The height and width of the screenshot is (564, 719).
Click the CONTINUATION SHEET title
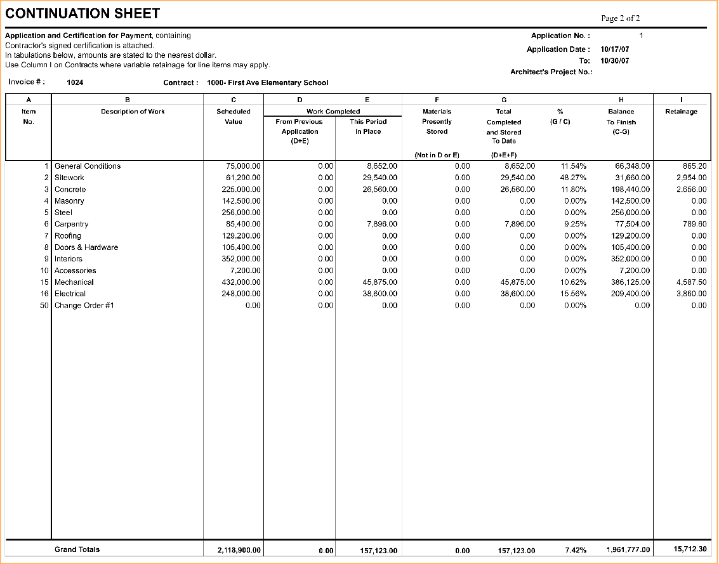coord(82,13)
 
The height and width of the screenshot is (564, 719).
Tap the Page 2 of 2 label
coord(621,18)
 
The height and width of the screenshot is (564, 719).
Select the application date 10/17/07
coord(615,49)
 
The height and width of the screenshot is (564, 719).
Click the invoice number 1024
coord(75,82)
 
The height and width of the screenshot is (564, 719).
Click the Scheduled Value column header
coord(234,117)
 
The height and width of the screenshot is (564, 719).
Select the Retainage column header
coord(681,112)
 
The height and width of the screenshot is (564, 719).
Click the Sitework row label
coord(69,178)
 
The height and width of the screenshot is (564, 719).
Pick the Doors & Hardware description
coord(86,247)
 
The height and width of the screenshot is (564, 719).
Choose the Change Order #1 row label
coord(84,305)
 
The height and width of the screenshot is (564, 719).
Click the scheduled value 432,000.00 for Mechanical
coord(239,282)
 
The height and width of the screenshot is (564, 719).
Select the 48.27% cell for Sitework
coord(574,178)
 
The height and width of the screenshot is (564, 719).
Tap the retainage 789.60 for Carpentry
coord(694,224)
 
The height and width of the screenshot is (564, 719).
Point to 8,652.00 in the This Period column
coord(382,166)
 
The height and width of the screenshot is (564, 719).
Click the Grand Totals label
coord(77,549)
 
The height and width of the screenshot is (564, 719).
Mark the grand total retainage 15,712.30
coord(690,549)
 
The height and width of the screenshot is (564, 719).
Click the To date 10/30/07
coord(615,61)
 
